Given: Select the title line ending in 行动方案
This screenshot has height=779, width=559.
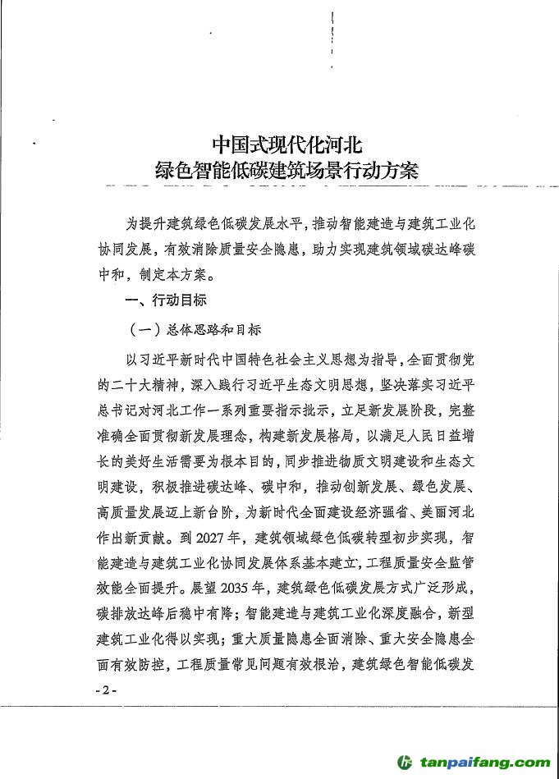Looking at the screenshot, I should [286, 171].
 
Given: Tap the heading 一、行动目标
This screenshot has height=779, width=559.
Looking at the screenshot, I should [165, 300].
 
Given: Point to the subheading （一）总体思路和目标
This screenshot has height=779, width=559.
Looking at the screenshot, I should [196, 329].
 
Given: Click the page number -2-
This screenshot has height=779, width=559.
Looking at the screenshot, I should [107, 690].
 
